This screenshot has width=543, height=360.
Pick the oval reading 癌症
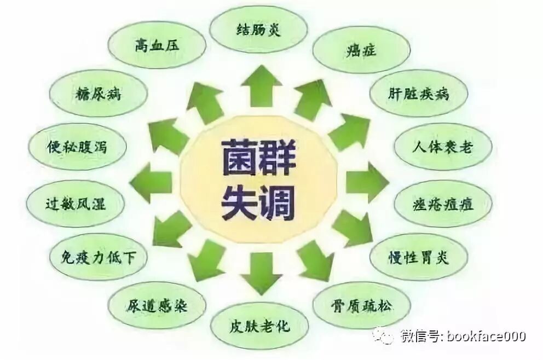tap(361, 50)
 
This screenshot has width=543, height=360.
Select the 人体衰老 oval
tap(442, 147)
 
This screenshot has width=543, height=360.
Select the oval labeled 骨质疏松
tap(362, 305)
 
